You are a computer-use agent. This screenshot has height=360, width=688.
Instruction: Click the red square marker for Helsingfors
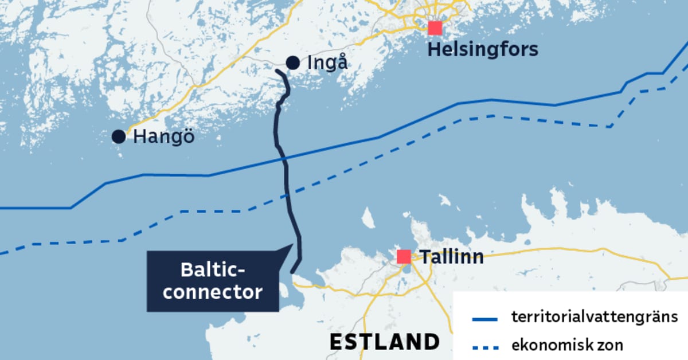click(435, 28)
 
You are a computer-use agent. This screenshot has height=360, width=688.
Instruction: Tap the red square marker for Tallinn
click(404, 256)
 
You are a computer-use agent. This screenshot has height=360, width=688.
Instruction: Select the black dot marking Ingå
click(292, 62)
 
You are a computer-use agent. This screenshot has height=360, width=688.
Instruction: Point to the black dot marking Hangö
click(119, 136)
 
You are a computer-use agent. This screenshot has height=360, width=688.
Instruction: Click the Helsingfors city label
click(483, 49)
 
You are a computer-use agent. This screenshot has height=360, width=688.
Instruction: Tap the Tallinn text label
click(451, 256)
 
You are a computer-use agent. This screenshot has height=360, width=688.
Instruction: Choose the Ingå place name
click(327, 62)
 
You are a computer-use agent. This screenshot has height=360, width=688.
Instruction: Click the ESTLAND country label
click(384, 342)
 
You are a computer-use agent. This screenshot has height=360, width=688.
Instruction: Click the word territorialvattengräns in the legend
click(595, 316)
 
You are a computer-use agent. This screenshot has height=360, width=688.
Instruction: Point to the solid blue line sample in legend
click(484, 318)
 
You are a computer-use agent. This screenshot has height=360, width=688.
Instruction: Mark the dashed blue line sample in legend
click(484, 346)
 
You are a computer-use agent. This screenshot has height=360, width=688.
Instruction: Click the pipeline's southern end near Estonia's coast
click(292, 272)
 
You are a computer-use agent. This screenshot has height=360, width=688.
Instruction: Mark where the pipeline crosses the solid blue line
click(285, 158)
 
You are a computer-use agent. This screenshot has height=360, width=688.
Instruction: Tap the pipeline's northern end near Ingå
click(277, 71)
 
